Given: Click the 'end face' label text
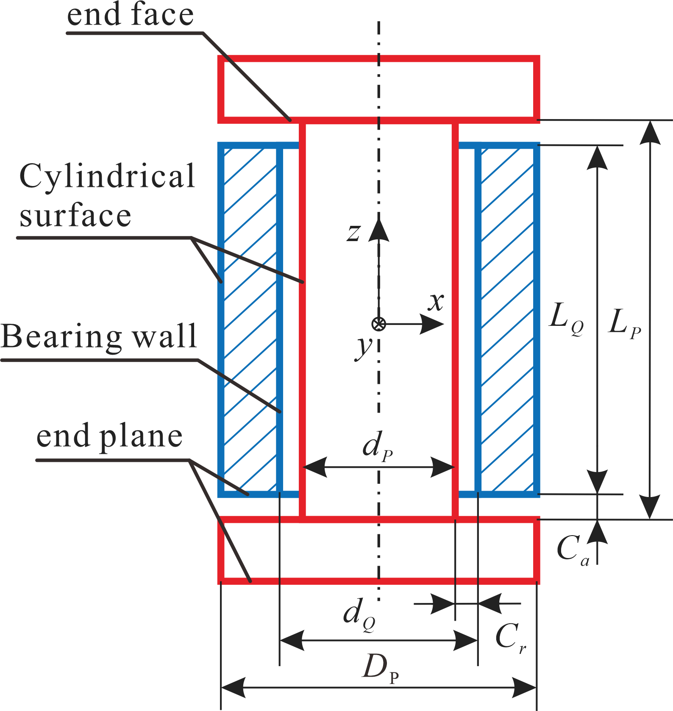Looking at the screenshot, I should pyautogui.click(x=130, y=15).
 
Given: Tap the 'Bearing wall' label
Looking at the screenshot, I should pyautogui.click(x=99, y=336).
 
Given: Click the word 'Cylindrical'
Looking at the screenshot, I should pyautogui.click(x=107, y=176).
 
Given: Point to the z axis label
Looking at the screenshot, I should pyautogui.click(x=353, y=233).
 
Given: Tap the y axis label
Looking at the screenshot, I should pyautogui.click(x=363, y=348).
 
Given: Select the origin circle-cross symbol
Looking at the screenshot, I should pyautogui.click(x=378, y=324).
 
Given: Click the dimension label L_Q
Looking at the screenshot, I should pyautogui.click(x=566, y=317).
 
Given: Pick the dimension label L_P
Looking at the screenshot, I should pyautogui.click(x=624, y=323).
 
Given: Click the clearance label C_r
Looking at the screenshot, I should pyautogui.click(x=510, y=637).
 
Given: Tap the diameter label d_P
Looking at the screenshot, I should pyautogui.click(x=377, y=447).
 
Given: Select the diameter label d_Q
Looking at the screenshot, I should pyautogui.click(x=359, y=614).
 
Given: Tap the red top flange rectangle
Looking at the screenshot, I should pyautogui.click(x=378, y=89).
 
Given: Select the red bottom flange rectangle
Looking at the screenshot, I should pyautogui.click(x=378, y=550).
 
